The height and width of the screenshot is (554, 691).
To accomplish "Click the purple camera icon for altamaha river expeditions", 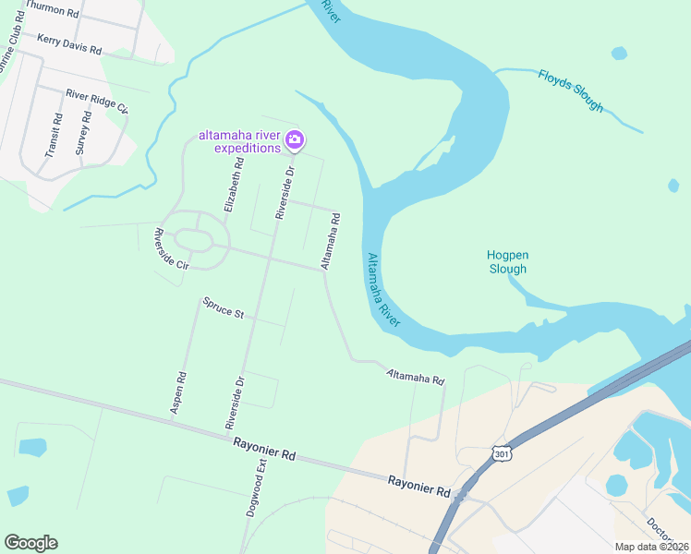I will point(295,140).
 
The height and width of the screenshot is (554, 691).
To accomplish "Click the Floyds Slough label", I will point(571,90).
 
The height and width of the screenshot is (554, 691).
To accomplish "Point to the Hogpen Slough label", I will point(507,261).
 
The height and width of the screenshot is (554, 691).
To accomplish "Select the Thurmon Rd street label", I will point(52,10).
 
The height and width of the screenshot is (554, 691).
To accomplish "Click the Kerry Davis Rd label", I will point(68,42).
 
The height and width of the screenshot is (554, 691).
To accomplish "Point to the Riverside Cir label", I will point(171,248).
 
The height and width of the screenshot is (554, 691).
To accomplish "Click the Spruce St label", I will point(223,308).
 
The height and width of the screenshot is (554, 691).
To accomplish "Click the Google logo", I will point(30,543).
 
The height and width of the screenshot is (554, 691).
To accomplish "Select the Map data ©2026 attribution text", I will point(651,547).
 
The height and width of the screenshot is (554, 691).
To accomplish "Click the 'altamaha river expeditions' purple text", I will point(239,141).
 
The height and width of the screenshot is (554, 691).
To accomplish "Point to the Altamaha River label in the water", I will point(382,290).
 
